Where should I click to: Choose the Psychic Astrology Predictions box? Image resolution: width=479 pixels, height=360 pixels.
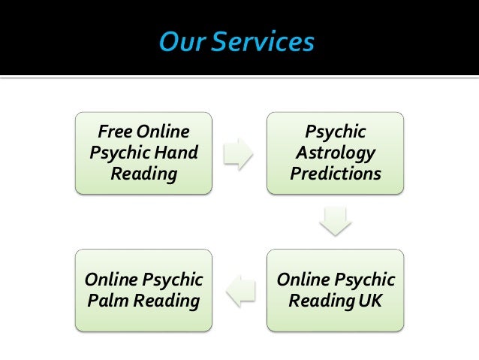coord(336,153)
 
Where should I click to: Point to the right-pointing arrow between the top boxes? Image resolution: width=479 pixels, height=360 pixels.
coord(239,153)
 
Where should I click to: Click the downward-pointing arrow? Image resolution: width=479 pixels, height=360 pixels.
coord(335,221)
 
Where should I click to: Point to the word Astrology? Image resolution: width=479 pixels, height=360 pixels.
coord(336,153)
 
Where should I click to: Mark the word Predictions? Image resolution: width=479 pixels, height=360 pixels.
coord(336,174)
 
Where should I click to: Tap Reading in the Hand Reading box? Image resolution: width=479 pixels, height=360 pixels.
coord(144,174)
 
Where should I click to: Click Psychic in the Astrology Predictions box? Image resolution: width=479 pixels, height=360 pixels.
coord(336,132)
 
